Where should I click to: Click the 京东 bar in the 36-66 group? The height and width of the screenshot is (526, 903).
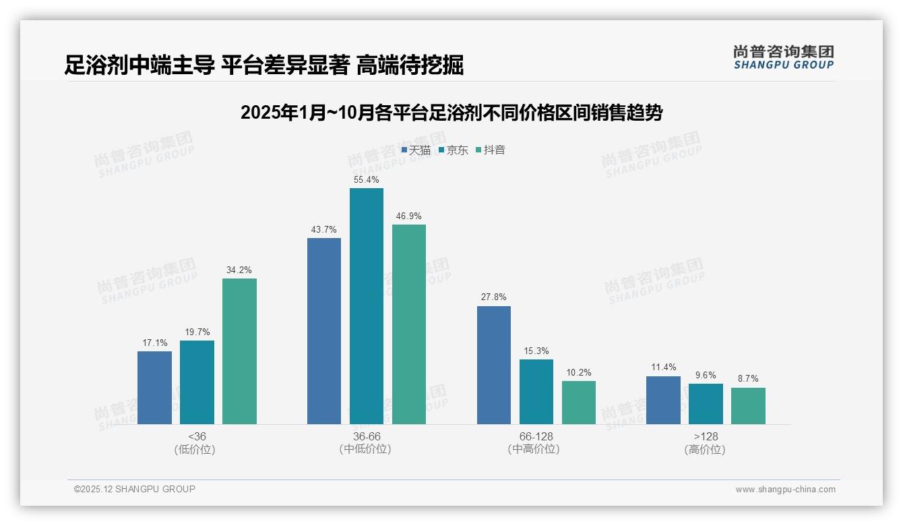(366, 306)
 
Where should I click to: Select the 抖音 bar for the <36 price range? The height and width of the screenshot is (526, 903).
(239, 351)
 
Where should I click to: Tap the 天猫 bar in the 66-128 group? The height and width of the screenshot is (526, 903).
(493, 365)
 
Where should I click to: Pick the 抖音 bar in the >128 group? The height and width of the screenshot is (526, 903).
(748, 406)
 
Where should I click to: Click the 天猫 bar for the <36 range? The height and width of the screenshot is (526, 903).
(154, 388)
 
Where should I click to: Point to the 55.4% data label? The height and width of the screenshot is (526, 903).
(366, 180)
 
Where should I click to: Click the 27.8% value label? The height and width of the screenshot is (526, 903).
(493, 297)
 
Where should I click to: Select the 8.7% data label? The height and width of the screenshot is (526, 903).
(748, 379)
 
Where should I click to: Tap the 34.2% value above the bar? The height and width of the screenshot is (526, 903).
(239, 270)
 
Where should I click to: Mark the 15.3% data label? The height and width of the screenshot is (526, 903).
(536, 351)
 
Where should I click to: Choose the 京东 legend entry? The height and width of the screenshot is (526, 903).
(453, 150)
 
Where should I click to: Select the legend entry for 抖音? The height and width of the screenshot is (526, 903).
(490, 150)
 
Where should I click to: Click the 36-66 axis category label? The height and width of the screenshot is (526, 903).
(366, 437)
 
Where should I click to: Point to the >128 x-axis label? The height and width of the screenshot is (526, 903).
(705, 437)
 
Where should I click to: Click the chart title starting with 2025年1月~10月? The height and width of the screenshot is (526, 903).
(451, 113)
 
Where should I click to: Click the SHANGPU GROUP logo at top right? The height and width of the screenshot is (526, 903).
(783, 57)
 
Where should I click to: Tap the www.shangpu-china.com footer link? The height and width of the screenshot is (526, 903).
(785, 490)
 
